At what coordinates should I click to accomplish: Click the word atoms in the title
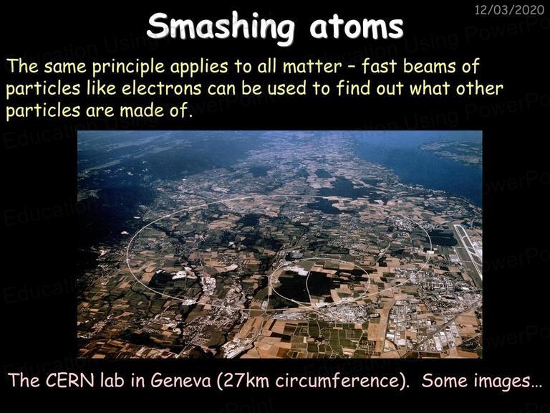pos(357,27)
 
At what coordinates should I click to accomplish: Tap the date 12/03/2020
pos(509,9)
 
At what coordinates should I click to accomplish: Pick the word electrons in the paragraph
pos(161,88)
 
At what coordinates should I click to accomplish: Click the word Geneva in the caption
pos(181,380)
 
